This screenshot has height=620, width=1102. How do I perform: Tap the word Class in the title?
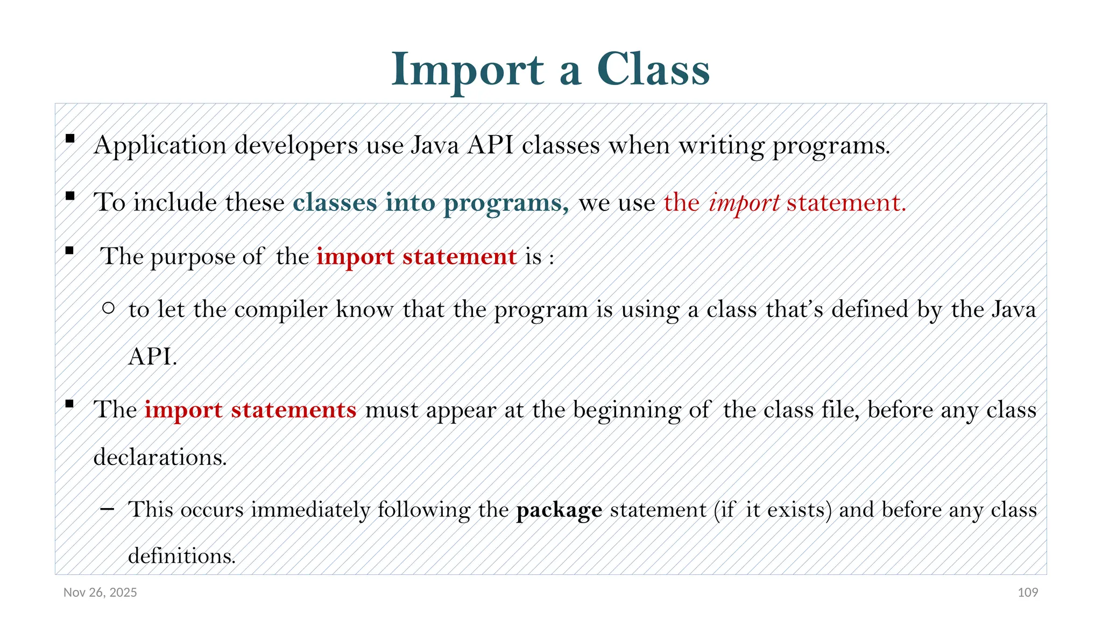pos(653,70)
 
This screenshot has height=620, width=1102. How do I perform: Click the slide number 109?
pos(1028,593)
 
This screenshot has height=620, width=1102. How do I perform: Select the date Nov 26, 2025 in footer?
pos(100,593)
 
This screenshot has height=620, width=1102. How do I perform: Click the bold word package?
pos(559,510)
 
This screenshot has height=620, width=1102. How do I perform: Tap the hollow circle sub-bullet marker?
pos(108,308)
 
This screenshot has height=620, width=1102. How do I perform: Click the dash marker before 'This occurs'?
pos(107,509)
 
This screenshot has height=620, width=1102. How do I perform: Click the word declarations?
pos(160,457)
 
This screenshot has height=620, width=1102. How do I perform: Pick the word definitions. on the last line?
pos(182,556)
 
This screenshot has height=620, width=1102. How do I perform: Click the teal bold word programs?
pos(506,203)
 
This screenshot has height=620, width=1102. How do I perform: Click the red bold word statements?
pos(294,410)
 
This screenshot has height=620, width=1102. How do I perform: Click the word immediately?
pos(310,510)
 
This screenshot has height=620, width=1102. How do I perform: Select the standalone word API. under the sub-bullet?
pos(153,356)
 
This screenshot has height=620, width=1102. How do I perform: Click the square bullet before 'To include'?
pos(70,196)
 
